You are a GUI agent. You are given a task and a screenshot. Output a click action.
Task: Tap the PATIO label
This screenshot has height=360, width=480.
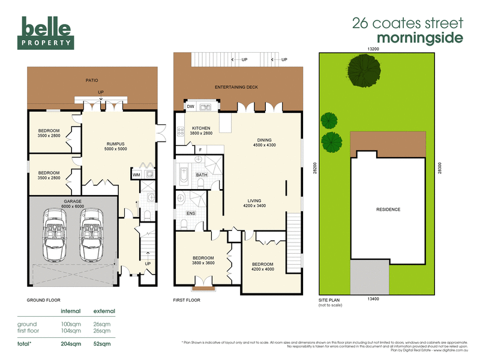91,80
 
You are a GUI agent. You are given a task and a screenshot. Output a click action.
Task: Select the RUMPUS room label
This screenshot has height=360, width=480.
115,146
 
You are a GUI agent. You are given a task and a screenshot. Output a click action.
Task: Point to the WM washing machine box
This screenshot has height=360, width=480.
136,175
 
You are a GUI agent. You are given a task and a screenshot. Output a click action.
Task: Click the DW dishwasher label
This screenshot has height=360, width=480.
191,107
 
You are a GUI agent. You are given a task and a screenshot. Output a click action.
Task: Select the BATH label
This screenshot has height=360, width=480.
201,175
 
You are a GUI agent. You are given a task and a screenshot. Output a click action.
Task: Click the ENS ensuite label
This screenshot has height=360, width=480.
191,213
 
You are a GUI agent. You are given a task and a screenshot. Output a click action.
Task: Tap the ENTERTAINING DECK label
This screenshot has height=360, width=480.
236,88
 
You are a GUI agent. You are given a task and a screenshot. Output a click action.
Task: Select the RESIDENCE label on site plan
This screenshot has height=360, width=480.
388,209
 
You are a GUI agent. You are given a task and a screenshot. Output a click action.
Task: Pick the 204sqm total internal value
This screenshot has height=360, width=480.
71,344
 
